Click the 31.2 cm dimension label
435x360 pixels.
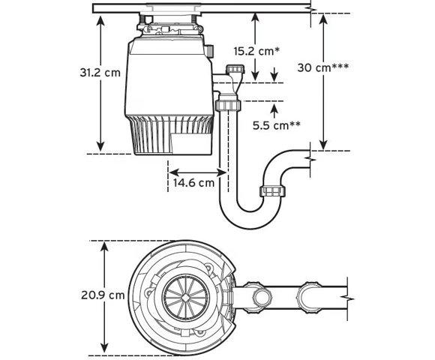pyautogui.click(x=100, y=73)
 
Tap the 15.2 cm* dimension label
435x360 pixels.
pyautogui.click(x=256, y=51)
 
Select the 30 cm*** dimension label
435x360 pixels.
pyautogui.click(x=323, y=67)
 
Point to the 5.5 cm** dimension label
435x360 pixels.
pyautogui.click(x=276, y=125)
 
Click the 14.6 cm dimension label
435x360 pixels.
pyautogui.click(x=194, y=183)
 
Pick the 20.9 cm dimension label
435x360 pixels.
pyautogui.click(x=103, y=295)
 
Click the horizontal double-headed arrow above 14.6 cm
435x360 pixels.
pyautogui.click(x=198, y=172)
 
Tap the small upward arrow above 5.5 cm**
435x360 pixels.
pyautogui.click(x=274, y=112)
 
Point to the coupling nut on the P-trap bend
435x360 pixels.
pyautogui.click(x=272, y=192)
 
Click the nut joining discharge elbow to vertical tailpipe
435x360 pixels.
pyautogui.click(x=228, y=105)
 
